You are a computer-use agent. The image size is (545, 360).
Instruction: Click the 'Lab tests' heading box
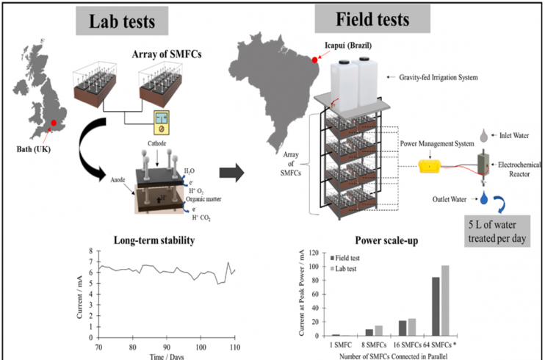[122, 21]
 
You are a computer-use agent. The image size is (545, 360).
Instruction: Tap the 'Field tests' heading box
[372, 19]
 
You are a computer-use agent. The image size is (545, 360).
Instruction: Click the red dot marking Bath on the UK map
[54, 123]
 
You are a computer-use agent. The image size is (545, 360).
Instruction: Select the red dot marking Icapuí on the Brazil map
[314, 60]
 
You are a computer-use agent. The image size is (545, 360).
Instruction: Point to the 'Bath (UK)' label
[33, 149]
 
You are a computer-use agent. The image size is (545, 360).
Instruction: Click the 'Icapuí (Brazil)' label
[348, 46]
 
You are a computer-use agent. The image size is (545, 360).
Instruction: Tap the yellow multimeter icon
[162, 123]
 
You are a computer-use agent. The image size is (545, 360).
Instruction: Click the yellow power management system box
[430, 167]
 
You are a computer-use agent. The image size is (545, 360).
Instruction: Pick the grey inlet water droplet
[484, 135]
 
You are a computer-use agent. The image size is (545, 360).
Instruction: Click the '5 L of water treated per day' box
[497, 231]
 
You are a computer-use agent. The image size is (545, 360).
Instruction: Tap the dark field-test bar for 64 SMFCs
[436, 306]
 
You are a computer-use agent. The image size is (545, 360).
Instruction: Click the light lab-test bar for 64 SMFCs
[445, 300]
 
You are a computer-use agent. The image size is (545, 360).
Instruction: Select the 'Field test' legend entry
[344, 258]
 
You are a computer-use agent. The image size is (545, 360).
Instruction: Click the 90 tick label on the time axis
[167, 347]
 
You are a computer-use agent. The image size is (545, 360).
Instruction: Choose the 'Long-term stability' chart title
[154, 240]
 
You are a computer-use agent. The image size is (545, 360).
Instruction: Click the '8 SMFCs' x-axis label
[374, 345]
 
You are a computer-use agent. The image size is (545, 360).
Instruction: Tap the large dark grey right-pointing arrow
[231, 173]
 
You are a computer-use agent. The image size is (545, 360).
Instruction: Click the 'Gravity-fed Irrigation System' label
[438, 77]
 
